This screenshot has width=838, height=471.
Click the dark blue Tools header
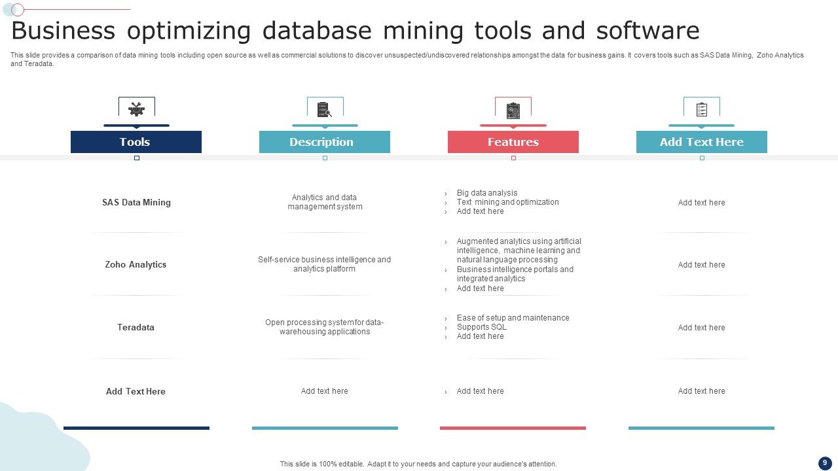coord(136,142)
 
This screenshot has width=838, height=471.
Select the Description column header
coord(324,142)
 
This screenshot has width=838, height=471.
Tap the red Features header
coord(513,142)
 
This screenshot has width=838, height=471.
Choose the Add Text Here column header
coord(701,142)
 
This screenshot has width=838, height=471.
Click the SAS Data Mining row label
coord(136,203)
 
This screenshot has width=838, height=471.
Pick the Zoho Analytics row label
coord(136,265)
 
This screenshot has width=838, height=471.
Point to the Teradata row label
coord(136,327)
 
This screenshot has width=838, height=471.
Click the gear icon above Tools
coord(136,109)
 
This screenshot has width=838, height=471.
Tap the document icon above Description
coord(324,109)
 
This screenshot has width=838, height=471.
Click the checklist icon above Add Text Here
coord(702,109)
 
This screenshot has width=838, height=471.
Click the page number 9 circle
coord(824,463)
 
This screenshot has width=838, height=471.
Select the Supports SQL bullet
coord(481,327)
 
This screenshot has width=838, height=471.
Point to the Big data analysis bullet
coord(486,193)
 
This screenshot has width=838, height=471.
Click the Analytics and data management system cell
coord(325,202)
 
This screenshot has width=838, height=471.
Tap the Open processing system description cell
coord(325,327)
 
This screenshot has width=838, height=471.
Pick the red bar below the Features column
coord(513,428)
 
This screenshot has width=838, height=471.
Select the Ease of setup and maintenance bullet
coord(513,318)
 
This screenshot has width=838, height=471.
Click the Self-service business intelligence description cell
coord(325,264)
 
